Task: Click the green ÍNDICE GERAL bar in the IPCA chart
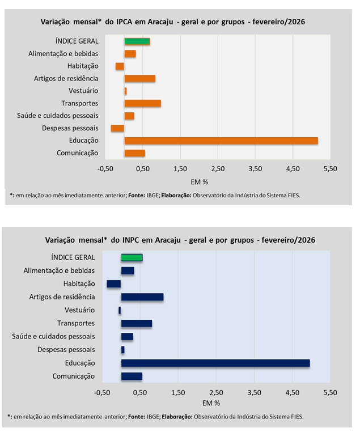(137, 41)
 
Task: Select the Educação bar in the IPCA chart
(221, 141)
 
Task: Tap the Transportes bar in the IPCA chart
(143, 103)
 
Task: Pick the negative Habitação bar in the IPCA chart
(120, 66)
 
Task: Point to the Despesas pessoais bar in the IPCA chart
(117, 128)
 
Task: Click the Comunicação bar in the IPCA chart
(135, 153)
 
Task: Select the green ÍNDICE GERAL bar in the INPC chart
(132, 257)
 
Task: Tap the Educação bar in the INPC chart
(215, 363)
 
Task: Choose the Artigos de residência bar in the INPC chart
(142, 297)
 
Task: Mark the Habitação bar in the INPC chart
(114, 284)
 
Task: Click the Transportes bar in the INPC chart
(137, 323)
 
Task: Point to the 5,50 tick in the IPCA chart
(329, 168)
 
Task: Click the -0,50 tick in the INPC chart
(102, 392)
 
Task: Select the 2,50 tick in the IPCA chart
(218, 168)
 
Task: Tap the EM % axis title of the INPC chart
(210, 403)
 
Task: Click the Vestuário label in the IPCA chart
(83, 91)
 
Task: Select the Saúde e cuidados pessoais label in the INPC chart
(53, 337)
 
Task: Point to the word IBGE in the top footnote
(152, 194)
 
